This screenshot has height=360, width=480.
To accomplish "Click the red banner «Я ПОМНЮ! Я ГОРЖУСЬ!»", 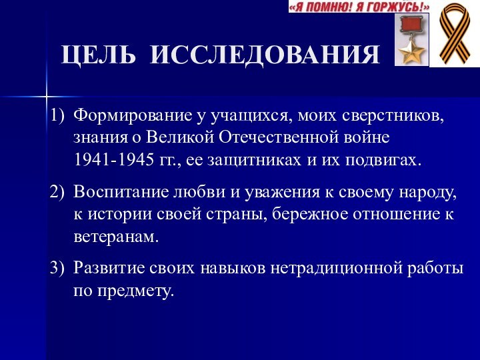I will click(359, 7).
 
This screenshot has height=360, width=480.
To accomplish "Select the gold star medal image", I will click(411, 41).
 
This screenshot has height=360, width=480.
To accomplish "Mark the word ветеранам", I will click(117, 237).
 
